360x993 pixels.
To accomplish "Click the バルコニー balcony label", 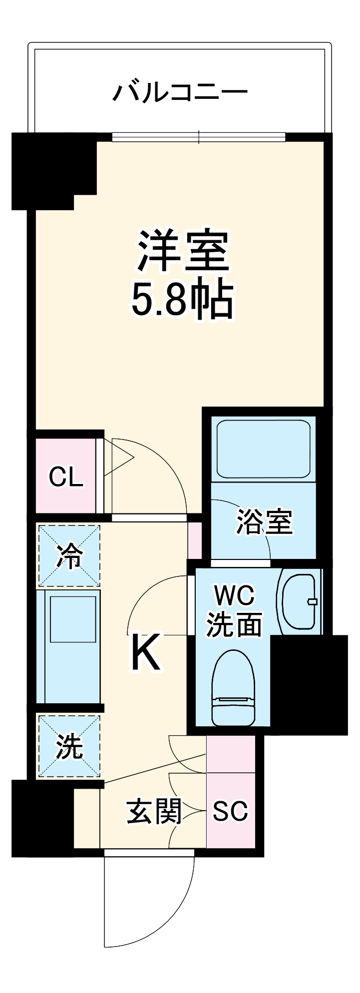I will click(180, 92).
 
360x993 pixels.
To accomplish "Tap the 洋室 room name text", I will click(183, 251).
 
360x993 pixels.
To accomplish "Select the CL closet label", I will click(65, 478).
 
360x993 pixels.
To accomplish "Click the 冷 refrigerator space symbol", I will click(69, 556).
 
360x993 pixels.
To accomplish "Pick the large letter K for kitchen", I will click(146, 652).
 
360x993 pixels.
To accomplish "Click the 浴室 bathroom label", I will click(264, 522).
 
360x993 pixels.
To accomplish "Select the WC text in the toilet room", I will click(234, 595).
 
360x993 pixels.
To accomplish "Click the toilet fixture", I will click(233, 688).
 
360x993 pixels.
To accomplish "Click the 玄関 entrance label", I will click(154, 812).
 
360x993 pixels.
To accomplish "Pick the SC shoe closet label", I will click(230, 811).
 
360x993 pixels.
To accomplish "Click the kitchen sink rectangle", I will click(73, 619).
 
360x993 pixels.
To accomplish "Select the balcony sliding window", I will click(199, 137).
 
